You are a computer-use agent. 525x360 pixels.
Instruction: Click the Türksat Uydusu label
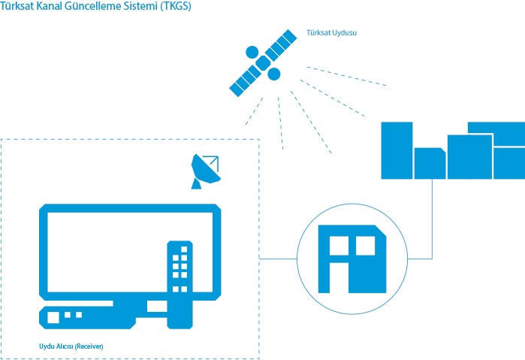click(331, 34)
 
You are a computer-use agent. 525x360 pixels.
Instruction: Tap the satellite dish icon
click(204, 171)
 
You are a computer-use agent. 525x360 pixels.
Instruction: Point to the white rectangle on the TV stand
click(155, 307)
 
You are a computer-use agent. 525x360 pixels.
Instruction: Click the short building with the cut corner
click(430, 162)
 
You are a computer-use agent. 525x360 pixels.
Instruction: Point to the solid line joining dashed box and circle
click(278, 259)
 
